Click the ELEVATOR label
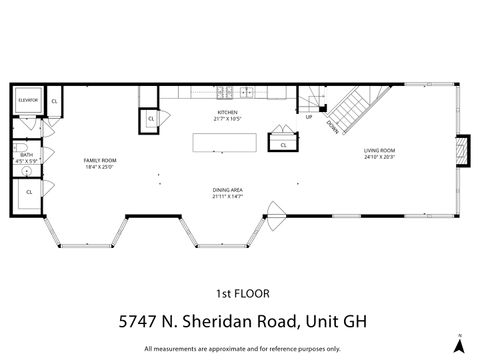pyautogui.click(x=28, y=100)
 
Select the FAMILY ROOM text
pyautogui.click(x=100, y=160)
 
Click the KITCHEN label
pyautogui.click(x=227, y=112)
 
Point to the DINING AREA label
pyautogui.click(x=228, y=189)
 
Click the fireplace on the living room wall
pyautogui.click(x=461, y=148)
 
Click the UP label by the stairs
pyautogui.click(x=309, y=117)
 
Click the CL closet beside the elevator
pyautogui.click(x=53, y=101)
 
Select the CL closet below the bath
pyautogui.click(x=29, y=191)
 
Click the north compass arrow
pyautogui.click(x=458, y=343)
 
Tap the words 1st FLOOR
pyautogui.click(x=240, y=293)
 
